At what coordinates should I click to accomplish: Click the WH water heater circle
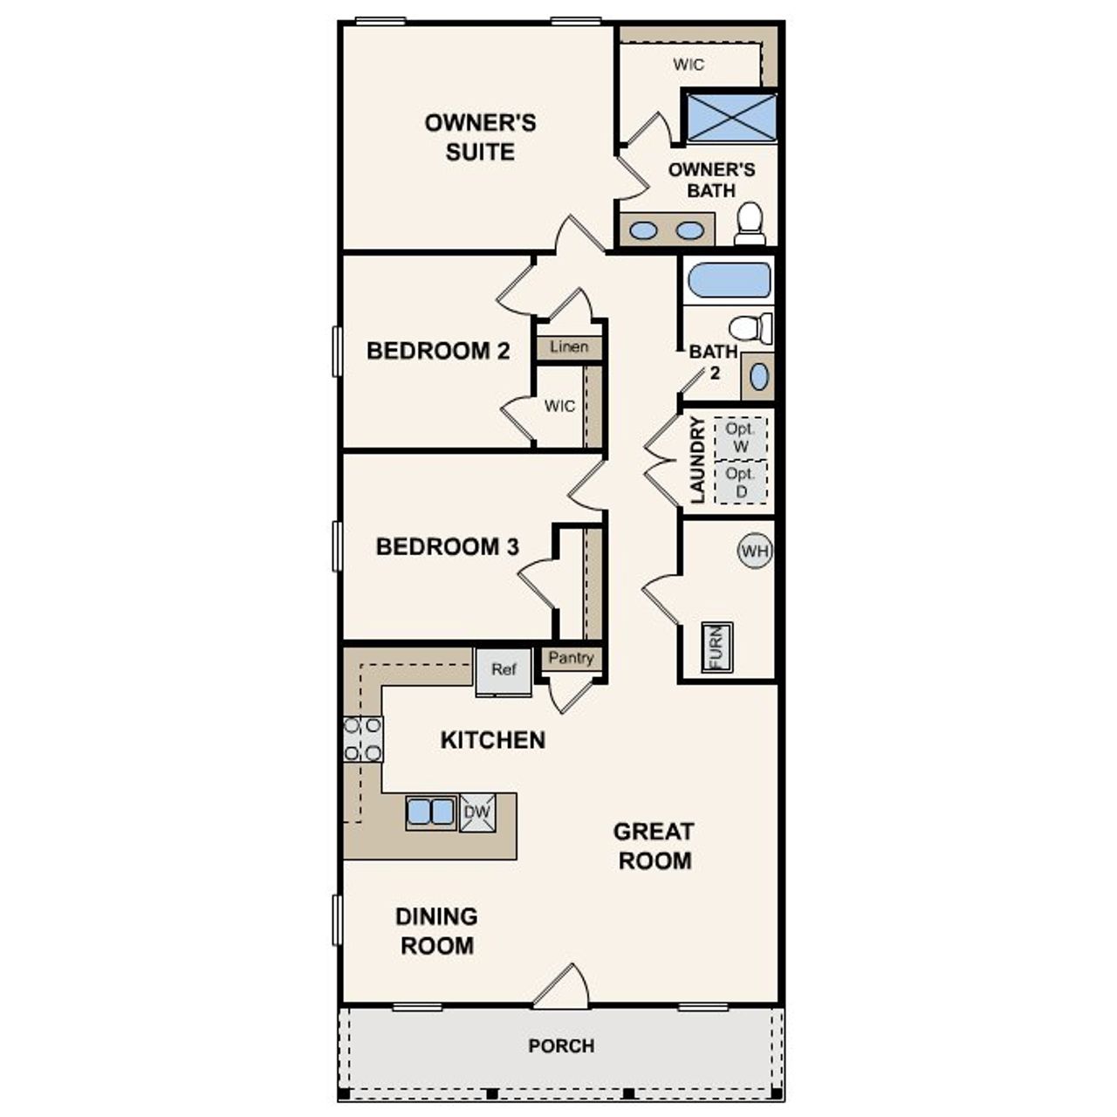[755, 551]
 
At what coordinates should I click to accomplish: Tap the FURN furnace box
[717, 648]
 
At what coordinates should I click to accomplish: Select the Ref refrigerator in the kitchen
[504, 671]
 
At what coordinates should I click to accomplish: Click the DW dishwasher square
[477, 812]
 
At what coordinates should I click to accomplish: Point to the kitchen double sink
[431, 812]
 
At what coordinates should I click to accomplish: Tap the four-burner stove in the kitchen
[362, 738]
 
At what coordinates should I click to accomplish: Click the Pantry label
[572, 658]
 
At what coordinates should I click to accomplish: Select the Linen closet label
[569, 347]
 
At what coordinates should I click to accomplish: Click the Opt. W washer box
[741, 438]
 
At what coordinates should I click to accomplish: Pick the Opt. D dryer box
[741, 483]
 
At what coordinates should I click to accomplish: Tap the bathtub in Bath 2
[730, 281]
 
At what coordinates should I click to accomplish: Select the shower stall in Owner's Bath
[731, 117]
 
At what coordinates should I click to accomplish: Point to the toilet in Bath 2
[750, 328]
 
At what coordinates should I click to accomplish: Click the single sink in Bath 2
[758, 377]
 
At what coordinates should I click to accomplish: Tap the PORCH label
[561, 1045]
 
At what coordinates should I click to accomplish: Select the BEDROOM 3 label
[447, 547]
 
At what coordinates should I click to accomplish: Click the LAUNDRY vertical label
[697, 460]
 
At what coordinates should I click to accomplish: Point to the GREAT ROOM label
[654, 846]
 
